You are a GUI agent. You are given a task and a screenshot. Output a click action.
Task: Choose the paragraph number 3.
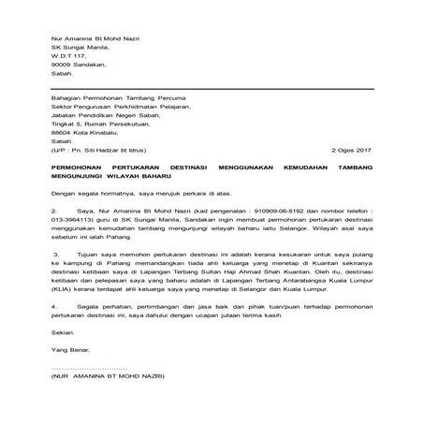[56, 280]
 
